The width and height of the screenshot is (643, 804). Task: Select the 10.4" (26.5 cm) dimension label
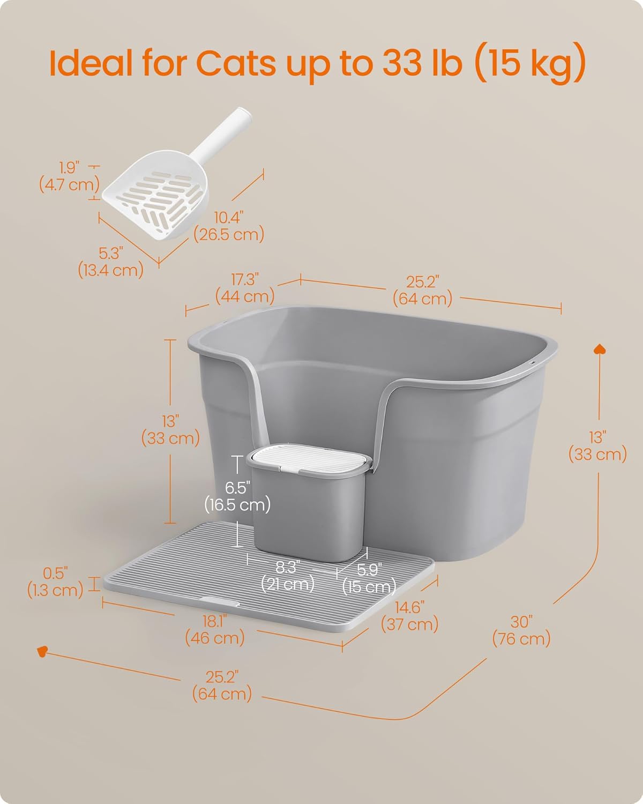point(229,226)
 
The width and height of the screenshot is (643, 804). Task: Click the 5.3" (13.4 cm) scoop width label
point(111,262)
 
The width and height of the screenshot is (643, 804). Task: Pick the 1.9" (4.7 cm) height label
point(69,176)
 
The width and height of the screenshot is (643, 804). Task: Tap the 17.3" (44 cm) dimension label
point(245,288)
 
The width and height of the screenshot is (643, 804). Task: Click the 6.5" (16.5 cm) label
point(237,496)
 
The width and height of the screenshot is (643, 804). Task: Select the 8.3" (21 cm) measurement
point(288,575)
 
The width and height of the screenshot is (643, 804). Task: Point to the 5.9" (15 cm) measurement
point(369,577)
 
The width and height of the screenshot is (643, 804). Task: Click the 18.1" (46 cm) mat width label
point(215,629)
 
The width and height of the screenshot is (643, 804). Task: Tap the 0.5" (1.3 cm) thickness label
point(55,582)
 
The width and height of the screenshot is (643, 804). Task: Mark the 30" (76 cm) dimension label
point(521,630)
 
